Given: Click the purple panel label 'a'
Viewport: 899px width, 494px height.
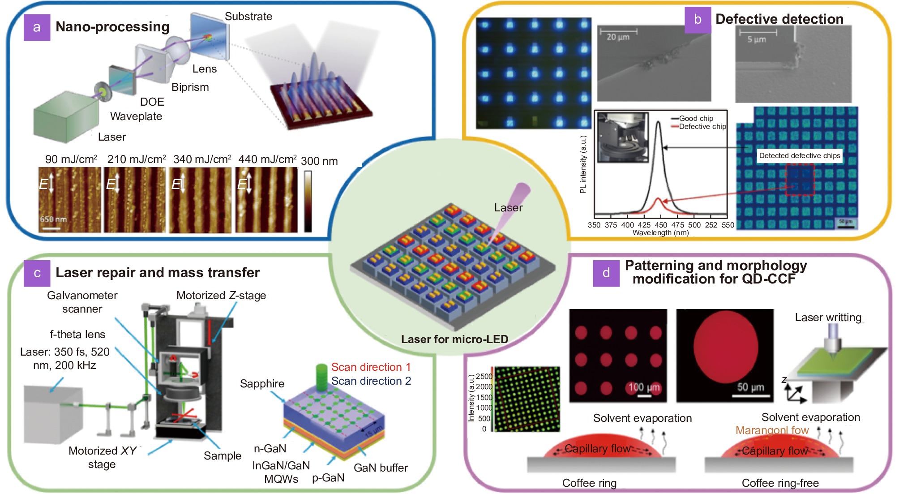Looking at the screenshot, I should click(x=37, y=27).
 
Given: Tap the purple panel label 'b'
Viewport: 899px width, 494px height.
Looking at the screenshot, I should click(x=698, y=20).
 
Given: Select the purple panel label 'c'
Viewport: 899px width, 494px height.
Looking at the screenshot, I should click(x=37, y=273).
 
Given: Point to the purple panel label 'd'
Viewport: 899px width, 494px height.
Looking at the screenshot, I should click(x=606, y=273).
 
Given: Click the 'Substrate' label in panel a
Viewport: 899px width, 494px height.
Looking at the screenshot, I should click(x=248, y=17).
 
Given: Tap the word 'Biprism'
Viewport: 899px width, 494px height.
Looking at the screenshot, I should click(x=190, y=87).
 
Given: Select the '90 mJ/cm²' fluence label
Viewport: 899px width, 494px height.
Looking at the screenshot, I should click(x=71, y=159).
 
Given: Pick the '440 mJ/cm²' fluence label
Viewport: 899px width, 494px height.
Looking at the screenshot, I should click(x=267, y=159).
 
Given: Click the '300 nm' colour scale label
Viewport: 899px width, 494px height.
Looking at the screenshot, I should click(x=319, y=161).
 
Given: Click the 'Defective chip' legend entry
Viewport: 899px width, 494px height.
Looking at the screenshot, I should click(x=702, y=126).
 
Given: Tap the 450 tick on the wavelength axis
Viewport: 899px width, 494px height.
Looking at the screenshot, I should click(x=661, y=225).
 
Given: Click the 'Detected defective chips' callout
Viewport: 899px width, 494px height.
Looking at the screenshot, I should click(x=800, y=155).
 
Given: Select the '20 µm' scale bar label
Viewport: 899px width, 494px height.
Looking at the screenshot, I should click(x=618, y=37).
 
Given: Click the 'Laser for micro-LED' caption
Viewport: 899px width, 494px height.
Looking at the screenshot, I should click(x=454, y=339).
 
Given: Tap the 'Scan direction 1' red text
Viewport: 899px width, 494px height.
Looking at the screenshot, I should click(x=371, y=367).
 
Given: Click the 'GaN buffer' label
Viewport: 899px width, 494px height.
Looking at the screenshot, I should click(x=381, y=468).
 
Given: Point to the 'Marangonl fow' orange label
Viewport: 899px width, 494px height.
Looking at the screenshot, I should click(x=772, y=430).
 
